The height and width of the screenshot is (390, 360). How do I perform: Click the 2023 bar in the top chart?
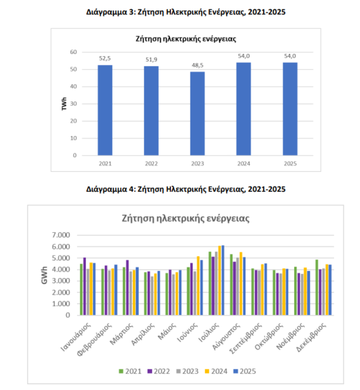(197, 114)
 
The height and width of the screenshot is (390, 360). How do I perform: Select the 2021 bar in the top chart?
(105, 110)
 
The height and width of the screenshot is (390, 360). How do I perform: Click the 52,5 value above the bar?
(105, 58)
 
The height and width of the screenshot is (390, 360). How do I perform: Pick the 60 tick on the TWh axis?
(73, 52)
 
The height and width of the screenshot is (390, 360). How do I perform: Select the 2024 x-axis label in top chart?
(244, 164)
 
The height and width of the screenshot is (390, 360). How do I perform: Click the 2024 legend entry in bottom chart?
(218, 371)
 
